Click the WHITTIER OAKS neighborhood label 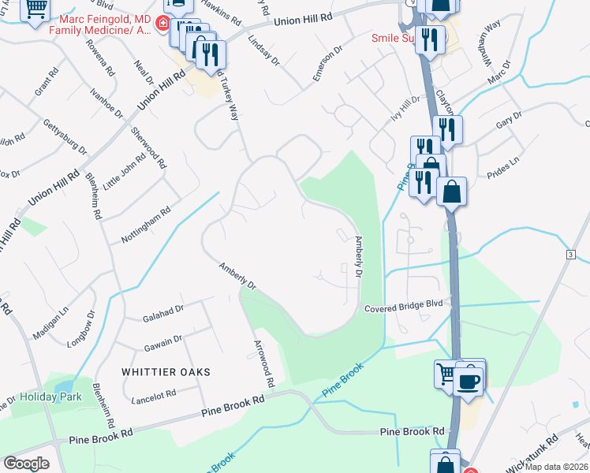pyautogui.click(x=166, y=371)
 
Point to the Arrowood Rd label pyautogui.click(x=263, y=363)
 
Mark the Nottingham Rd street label pyautogui.click(x=145, y=225)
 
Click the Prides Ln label pyautogui.click(x=502, y=170)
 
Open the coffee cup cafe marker pyautogui.click(x=472, y=381)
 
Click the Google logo pyautogui.click(x=26, y=463)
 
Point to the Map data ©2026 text pyautogui.click(x=557, y=467)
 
